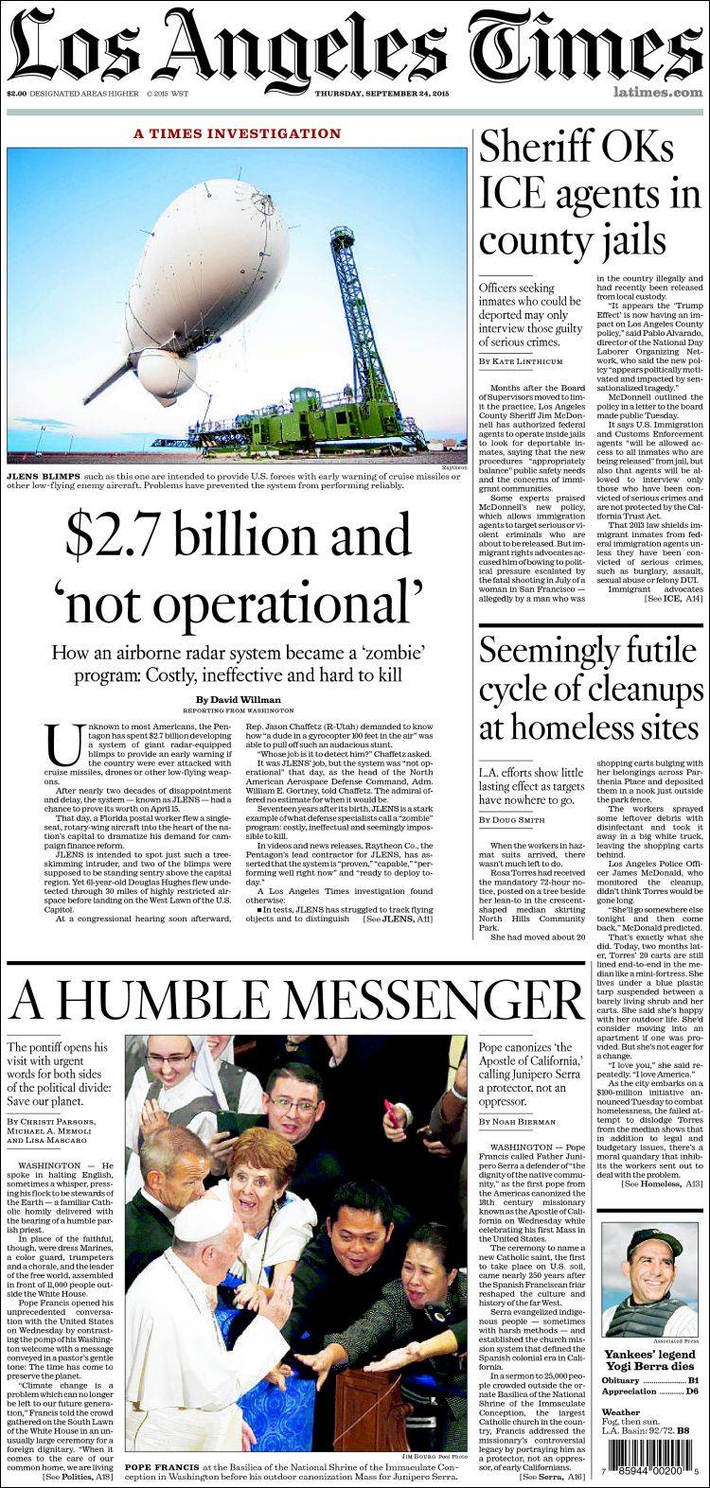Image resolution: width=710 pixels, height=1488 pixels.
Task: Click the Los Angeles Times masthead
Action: point(355,44)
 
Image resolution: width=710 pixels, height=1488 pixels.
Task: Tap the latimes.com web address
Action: point(657,92)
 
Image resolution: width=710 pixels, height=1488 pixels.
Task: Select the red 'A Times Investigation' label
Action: point(237,133)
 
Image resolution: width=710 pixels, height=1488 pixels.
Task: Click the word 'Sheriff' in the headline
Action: point(536,149)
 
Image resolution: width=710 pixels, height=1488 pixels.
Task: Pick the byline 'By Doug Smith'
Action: point(511,819)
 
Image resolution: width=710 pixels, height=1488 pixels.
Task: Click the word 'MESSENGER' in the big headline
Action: point(434,999)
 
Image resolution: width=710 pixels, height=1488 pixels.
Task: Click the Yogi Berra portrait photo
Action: point(650,1278)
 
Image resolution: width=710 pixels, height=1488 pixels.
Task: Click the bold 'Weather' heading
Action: point(621,1412)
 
